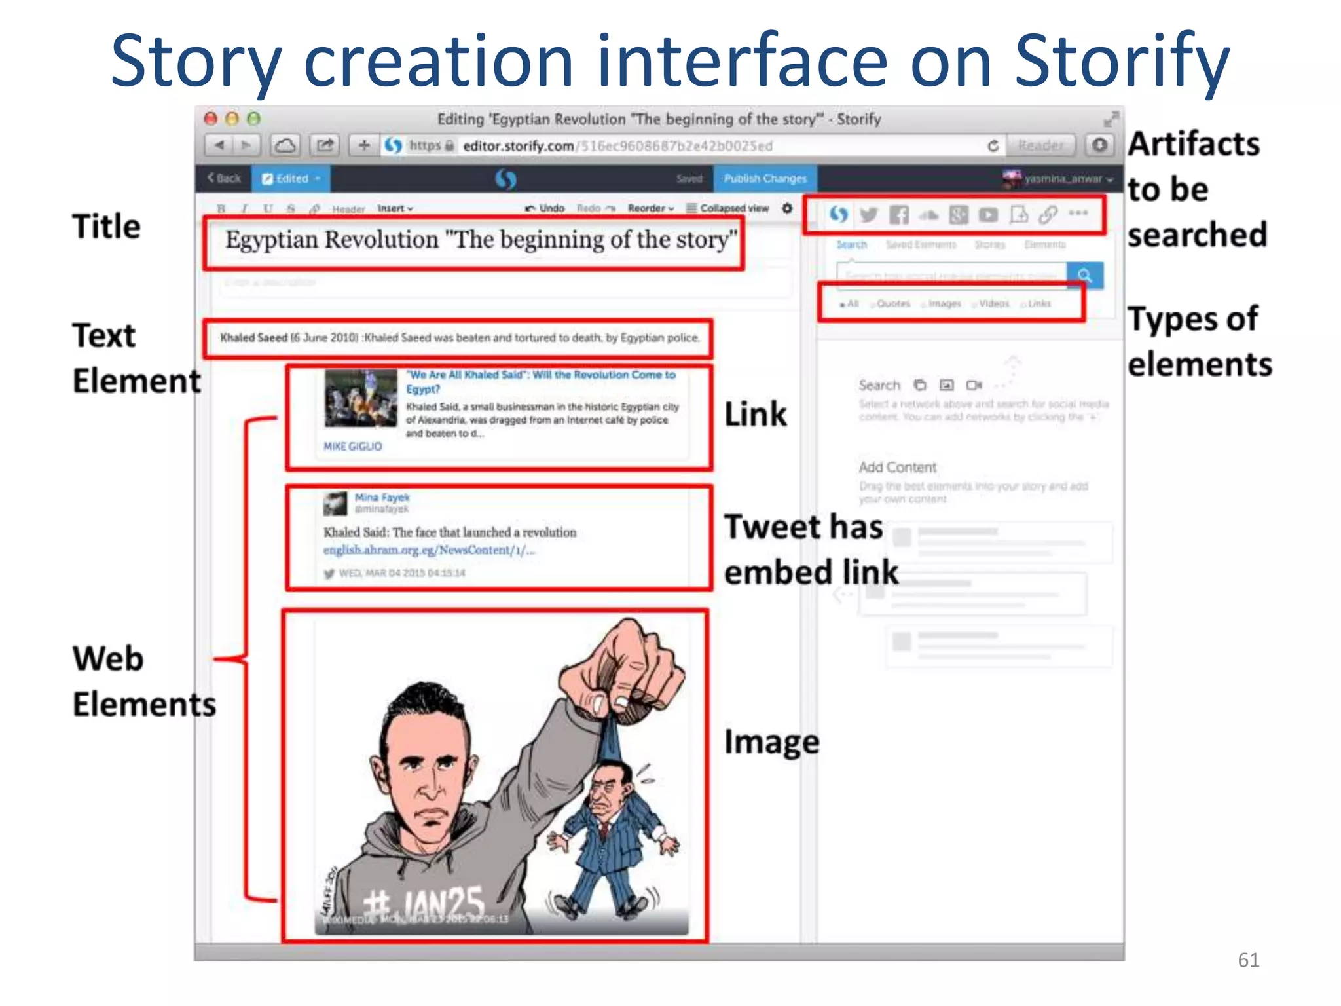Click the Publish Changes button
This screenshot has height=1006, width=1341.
[x=765, y=178]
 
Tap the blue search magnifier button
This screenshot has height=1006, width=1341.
[x=1085, y=275]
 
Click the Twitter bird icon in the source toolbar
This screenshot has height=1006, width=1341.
[x=869, y=214]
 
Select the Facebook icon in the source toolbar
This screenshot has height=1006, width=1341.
[x=899, y=214]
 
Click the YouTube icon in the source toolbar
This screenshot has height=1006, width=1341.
[x=988, y=214]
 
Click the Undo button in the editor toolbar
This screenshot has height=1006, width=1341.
[x=545, y=208]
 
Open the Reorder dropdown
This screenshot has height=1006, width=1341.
[x=651, y=208]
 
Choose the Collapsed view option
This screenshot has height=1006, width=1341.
[x=727, y=208]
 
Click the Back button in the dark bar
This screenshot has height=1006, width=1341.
[x=225, y=178]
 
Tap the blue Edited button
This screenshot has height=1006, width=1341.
[x=291, y=178]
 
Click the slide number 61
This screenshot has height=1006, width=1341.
[x=1248, y=959]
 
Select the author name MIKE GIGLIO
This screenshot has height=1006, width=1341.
[x=352, y=446]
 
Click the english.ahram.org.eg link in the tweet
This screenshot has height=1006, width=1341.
[x=429, y=550]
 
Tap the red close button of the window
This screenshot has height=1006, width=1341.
[x=211, y=119]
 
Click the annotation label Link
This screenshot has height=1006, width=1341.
[x=755, y=415]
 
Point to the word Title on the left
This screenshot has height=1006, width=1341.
[x=106, y=227]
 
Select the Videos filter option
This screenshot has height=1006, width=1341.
[x=993, y=303]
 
